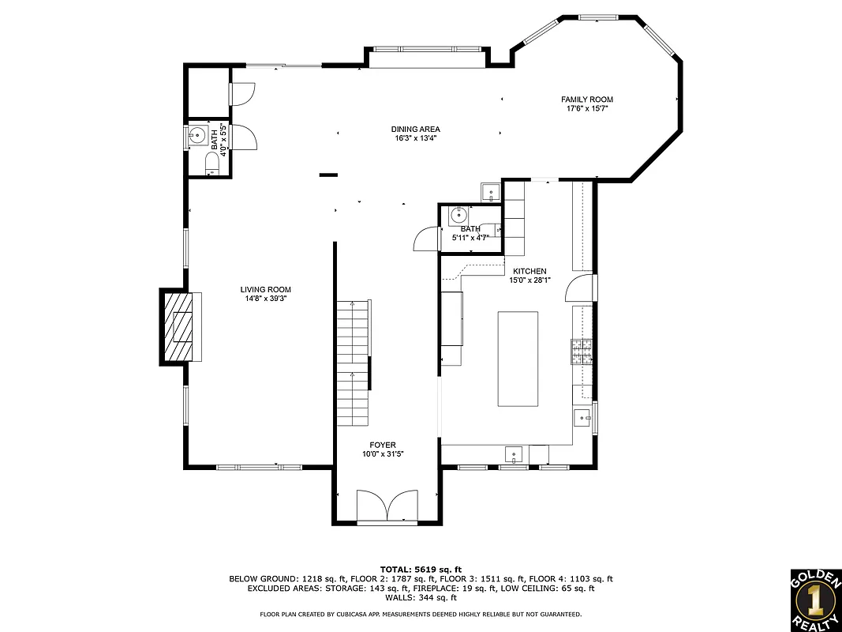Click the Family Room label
(586, 100)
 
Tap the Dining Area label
(415, 129)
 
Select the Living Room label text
(266, 289)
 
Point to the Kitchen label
(529, 271)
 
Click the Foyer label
(383, 445)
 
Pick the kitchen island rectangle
(518, 359)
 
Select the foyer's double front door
(387, 506)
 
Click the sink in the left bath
(196, 135)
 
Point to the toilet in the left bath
(211, 164)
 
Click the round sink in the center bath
(458, 214)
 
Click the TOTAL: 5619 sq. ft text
(421, 569)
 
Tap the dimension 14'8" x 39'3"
(266, 299)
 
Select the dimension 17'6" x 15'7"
(586, 108)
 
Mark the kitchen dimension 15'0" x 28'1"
(529, 280)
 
